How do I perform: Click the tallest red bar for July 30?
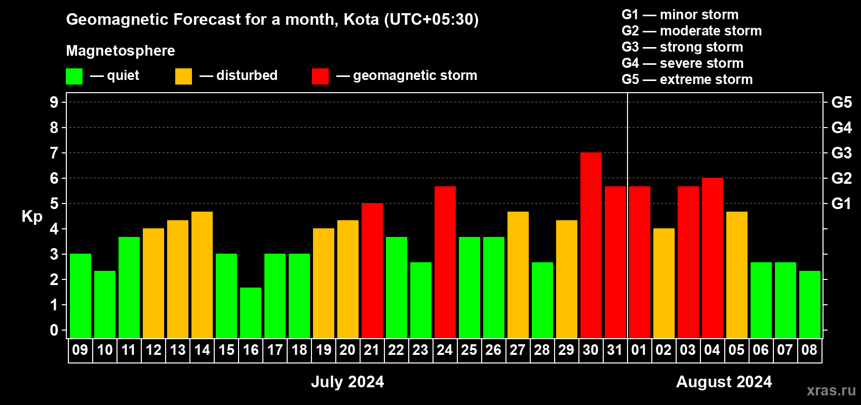click(591, 245)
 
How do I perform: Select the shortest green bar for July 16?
click(251, 313)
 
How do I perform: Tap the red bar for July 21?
click(372, 270)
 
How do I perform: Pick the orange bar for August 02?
click(664, 283)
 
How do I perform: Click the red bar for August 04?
click(713, 258)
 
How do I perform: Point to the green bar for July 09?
click(81, 296)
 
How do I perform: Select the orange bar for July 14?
click(202, 275)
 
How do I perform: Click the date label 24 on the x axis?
click(445, 350)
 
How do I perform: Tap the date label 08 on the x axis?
click(809, 350)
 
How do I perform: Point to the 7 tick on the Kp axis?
click(54, 153)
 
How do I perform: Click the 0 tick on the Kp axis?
click(54, 330)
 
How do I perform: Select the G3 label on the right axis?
click(842, 153)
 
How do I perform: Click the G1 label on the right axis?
click(842, 204)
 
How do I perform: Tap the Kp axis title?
click(32, 217)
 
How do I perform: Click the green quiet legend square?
click(74, 76)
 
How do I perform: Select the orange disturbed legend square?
click(183, 76)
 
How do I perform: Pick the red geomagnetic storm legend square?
click(321, 76)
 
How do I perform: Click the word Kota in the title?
click(361, 19)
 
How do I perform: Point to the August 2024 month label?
click(724, 382)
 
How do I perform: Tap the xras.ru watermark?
click(832, 391)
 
